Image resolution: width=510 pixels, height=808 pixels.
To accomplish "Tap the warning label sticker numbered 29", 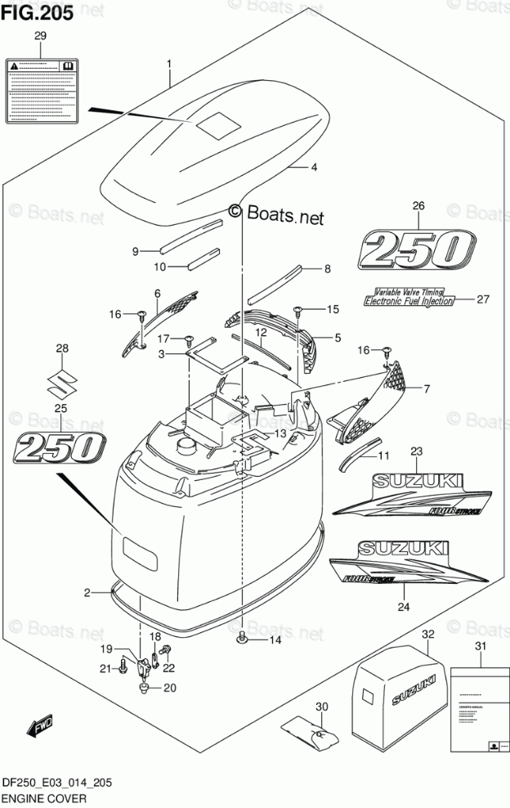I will [41, 88].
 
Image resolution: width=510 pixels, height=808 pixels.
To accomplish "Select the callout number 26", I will [418, 206].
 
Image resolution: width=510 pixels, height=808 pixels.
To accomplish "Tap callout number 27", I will [482, 299].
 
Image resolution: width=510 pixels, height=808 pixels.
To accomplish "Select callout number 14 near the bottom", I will [275, 640].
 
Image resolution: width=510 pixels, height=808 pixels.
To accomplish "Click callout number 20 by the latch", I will [170, 688].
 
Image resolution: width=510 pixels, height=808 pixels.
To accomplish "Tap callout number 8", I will [327, 268].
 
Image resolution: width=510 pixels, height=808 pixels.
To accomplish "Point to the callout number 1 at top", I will [169, 63].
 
